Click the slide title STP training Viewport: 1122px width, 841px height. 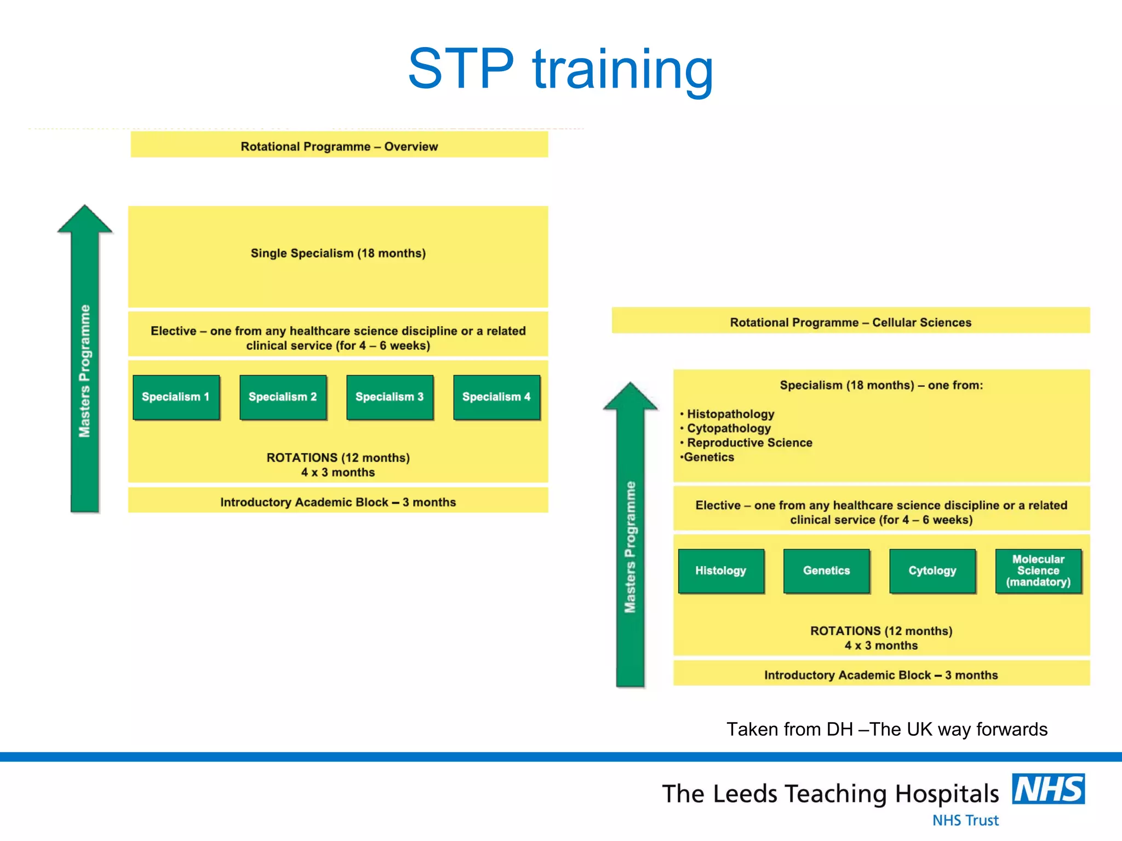point(560,69)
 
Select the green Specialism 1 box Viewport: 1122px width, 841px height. point(176,397)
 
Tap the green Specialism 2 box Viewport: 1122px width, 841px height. point(283,397)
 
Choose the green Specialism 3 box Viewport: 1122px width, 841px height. point(390,397)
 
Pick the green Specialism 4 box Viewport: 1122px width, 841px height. point(496,397)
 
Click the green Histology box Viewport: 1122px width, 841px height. point(720,571)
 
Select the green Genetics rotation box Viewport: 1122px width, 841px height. point(826,571)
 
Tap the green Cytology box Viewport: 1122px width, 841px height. point(932,571)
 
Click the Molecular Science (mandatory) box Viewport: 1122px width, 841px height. point(1038,571)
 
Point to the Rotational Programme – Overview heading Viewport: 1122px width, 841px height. point(339,146)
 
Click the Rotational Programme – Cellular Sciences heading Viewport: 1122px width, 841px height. point(850,322)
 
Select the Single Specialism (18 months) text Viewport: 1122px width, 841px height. point(338,253)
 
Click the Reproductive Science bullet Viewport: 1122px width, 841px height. point(749,442)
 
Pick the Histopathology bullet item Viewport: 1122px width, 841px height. point(730,414)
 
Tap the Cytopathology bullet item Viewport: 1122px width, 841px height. point(729,428)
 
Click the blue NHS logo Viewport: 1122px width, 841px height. point(1048,789)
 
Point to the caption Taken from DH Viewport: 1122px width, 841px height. point(886,729)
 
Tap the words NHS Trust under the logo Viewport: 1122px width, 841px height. point(965,820)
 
